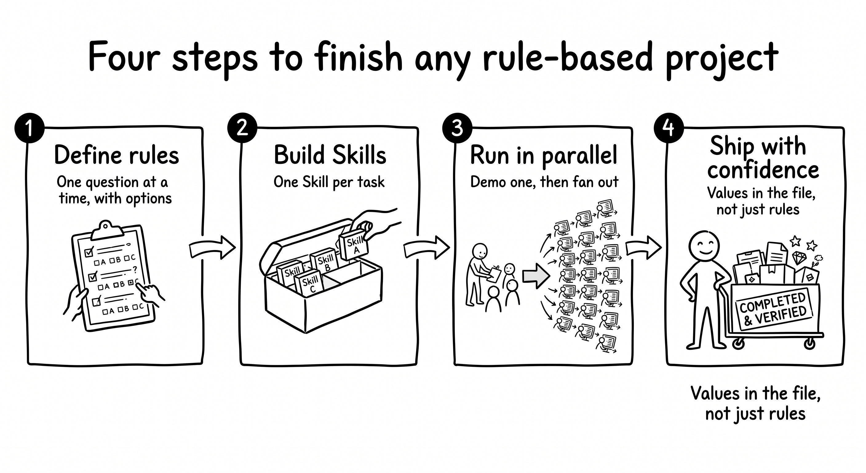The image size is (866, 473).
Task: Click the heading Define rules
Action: [117, 155]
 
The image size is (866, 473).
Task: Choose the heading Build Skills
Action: [330, 155]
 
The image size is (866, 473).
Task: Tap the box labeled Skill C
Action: [309, 284]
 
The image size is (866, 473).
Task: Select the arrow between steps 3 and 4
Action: [643, 248]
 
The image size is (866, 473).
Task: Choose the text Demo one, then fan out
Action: [544, 182]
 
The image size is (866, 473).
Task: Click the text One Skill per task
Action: [329, 182]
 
